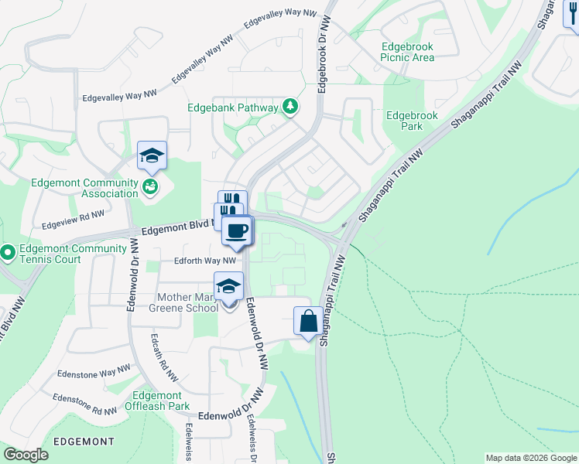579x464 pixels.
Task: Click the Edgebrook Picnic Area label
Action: [407, 52]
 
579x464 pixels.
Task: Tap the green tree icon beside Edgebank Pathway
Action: [290, 106]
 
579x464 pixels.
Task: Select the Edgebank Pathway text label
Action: [232, 107]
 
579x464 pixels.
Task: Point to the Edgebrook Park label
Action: [412, 121]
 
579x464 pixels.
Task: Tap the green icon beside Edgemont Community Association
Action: [151, 186]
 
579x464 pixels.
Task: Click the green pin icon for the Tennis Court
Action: [7, 253]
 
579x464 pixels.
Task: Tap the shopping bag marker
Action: [308, 320]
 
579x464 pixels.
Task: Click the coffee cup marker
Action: [238, 230]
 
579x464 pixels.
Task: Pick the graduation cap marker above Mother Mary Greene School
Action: [229, 286]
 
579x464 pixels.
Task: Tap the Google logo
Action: [26, 455]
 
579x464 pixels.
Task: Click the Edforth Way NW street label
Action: [194, 261]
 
